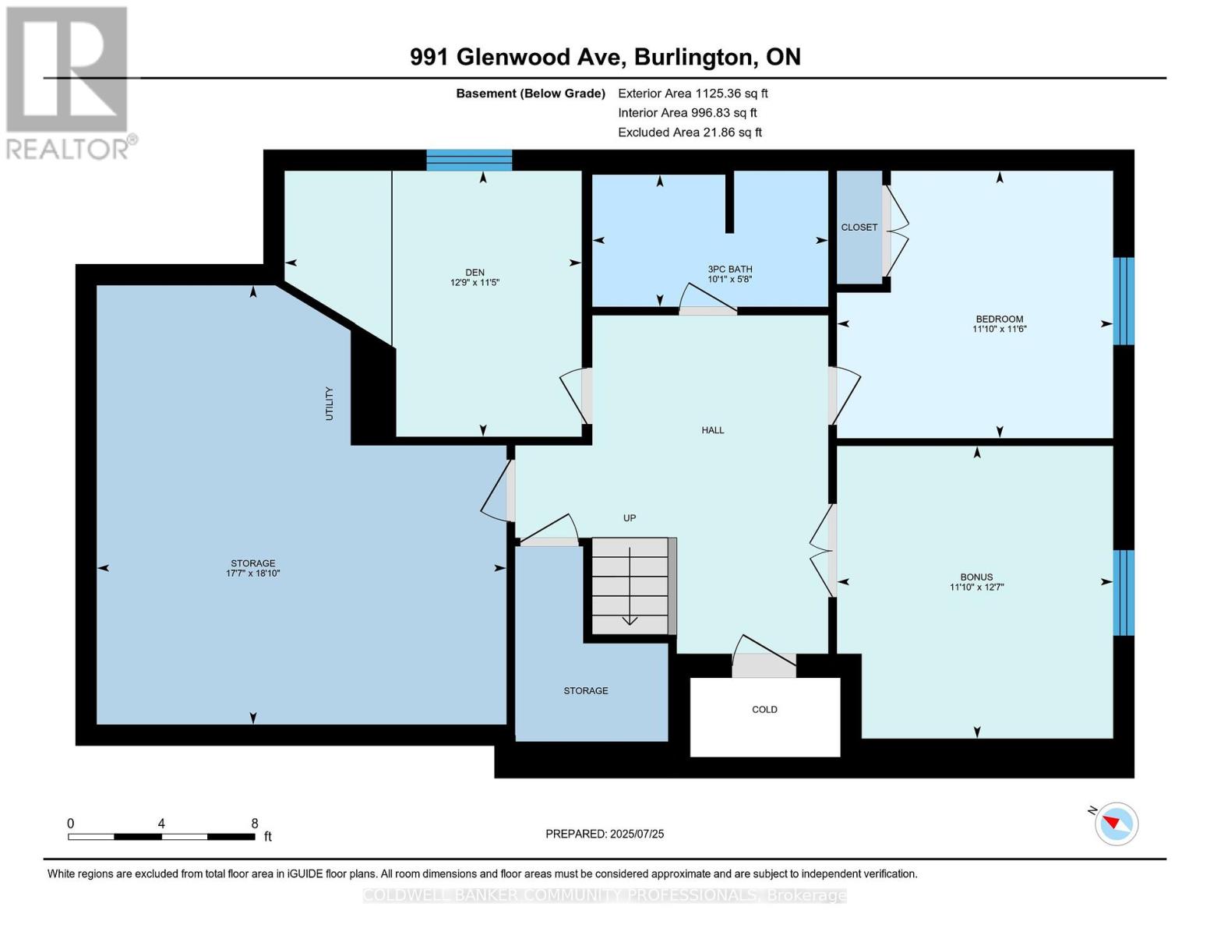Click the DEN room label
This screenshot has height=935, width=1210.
coord(474,272)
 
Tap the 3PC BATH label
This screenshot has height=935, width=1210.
coord(729,269)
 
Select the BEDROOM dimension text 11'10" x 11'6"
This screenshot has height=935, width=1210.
coord(999,330)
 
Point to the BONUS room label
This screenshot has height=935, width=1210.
coord(976,577)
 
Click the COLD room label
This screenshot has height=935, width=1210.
coord(764,709)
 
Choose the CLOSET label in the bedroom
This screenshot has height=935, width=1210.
coord(859,228)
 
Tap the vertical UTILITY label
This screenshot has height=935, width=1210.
coord(329,404)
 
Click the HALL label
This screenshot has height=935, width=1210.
coord(712,430)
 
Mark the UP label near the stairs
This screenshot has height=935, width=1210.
coord(630,518)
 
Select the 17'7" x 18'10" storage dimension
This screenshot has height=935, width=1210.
coord(252,573)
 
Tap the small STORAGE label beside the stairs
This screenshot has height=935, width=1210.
coord(586,691)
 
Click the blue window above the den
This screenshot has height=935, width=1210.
coord(469,160)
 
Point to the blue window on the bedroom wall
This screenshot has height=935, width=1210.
coord(1123,301)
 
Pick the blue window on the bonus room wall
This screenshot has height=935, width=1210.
coord(1123,593)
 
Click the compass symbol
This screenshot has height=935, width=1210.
coord(1117,824)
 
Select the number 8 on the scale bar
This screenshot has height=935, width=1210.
coord(255,824)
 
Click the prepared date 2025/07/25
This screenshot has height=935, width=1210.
coord(637,834)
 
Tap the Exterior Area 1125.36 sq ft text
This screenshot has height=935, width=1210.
coord(693,93)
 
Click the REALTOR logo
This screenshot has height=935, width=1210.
coord(69,82)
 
